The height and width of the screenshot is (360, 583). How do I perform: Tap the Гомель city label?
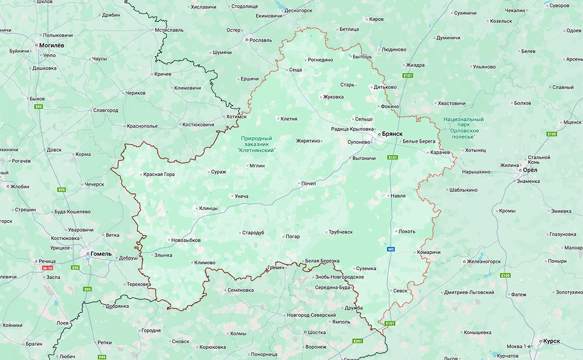pos(101,254)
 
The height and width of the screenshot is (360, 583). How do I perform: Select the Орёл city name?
pos(530,170)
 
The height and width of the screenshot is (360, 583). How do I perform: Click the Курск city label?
pos(551,341)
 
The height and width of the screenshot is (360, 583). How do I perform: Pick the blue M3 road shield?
pos(392,249)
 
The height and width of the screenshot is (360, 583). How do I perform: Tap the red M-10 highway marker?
pos(47,268)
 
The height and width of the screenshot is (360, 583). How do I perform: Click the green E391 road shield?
pos(358,341)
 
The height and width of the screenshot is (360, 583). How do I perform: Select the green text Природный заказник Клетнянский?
pos(256,144)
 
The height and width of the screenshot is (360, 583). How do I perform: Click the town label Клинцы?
pos(208,208)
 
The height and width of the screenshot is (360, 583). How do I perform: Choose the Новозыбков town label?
pos(186,240)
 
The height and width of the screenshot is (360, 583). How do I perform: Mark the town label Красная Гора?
pos(159,174)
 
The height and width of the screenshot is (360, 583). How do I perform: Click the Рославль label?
pos(261,40)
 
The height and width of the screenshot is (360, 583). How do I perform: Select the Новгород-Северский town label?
pos(311,315)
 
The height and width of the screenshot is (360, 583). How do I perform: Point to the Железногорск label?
pos(484,261)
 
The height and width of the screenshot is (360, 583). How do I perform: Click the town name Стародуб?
pos(253,233)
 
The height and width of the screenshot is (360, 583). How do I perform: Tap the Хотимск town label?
pos(236,117)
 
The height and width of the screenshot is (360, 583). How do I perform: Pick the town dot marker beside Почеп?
pos(299,184)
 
